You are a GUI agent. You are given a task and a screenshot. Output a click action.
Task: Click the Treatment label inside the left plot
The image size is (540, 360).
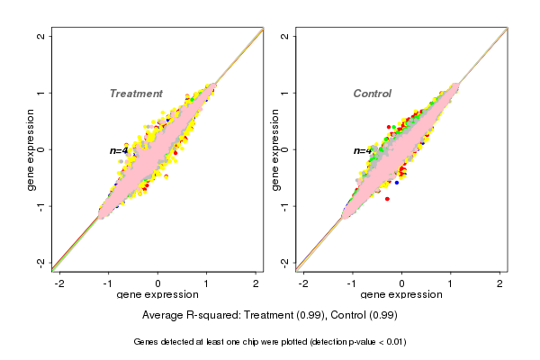pyautogui.click(x=136, y=94)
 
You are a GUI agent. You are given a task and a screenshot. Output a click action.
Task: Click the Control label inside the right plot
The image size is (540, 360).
pyautogui.click(x=372, y=94)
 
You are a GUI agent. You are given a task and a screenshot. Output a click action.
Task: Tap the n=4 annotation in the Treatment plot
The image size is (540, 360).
pyautogui.click(x=118, y=150)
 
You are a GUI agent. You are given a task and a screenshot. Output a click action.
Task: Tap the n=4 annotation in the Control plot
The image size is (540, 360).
pyautogui.click(x=361, y=150)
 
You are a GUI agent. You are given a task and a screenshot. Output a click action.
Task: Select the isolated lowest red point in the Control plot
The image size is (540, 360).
pyautogui.click(x=388, y=198)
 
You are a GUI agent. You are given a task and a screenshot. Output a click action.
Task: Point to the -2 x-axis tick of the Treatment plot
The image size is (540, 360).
pyautogui.click(x=59, y=283)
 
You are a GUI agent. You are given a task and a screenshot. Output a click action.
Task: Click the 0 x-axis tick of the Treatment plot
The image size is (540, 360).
pyautogui.click(x=158, y=283)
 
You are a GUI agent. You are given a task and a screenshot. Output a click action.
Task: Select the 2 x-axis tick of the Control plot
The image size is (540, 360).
pyautogui.click(x=500, y=283)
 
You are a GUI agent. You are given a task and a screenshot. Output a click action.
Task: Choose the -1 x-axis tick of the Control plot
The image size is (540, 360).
pyautogui.click(x=352, y=283)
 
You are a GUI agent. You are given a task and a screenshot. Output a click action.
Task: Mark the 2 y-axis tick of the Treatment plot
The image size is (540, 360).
pyautogui.click(x=41, y=36)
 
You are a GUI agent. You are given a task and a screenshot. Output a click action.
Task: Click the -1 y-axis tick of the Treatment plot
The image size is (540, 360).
pyautogui.click(x=41, y=205)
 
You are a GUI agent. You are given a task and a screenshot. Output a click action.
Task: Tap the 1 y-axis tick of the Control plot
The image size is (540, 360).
pyautogui.click(x=284, y=93)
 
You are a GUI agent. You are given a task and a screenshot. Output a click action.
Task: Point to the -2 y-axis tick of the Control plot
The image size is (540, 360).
pyautogui.click(x=284, y=262)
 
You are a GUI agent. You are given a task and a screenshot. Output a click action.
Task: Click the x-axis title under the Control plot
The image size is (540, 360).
pyautogui.click(x=401, y=295)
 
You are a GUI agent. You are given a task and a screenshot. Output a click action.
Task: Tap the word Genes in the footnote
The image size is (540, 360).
pyautogui.click(x=146, y=342)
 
